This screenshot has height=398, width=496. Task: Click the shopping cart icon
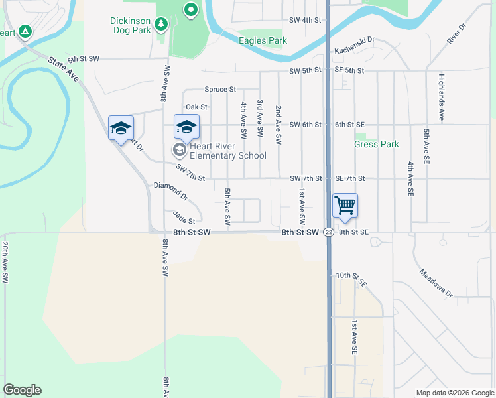coord(345,206)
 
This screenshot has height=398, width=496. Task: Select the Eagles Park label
coord(263,41)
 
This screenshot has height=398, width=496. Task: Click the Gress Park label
coord(376,144)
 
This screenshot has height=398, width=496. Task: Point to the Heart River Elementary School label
coord(228,151)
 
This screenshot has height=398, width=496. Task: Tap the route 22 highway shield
coord(328,232)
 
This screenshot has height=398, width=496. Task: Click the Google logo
coord(22,390)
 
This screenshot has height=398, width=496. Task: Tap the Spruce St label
coord(220,89)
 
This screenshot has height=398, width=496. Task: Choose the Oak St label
coord(196,107)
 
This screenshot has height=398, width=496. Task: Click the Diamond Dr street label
coord(171,192)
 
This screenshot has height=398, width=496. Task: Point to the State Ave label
coord(63,69)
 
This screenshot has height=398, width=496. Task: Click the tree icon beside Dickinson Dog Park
coord(160,25)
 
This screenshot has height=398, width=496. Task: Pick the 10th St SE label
coord(351,279)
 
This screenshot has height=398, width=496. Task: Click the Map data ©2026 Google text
coord(454,393)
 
